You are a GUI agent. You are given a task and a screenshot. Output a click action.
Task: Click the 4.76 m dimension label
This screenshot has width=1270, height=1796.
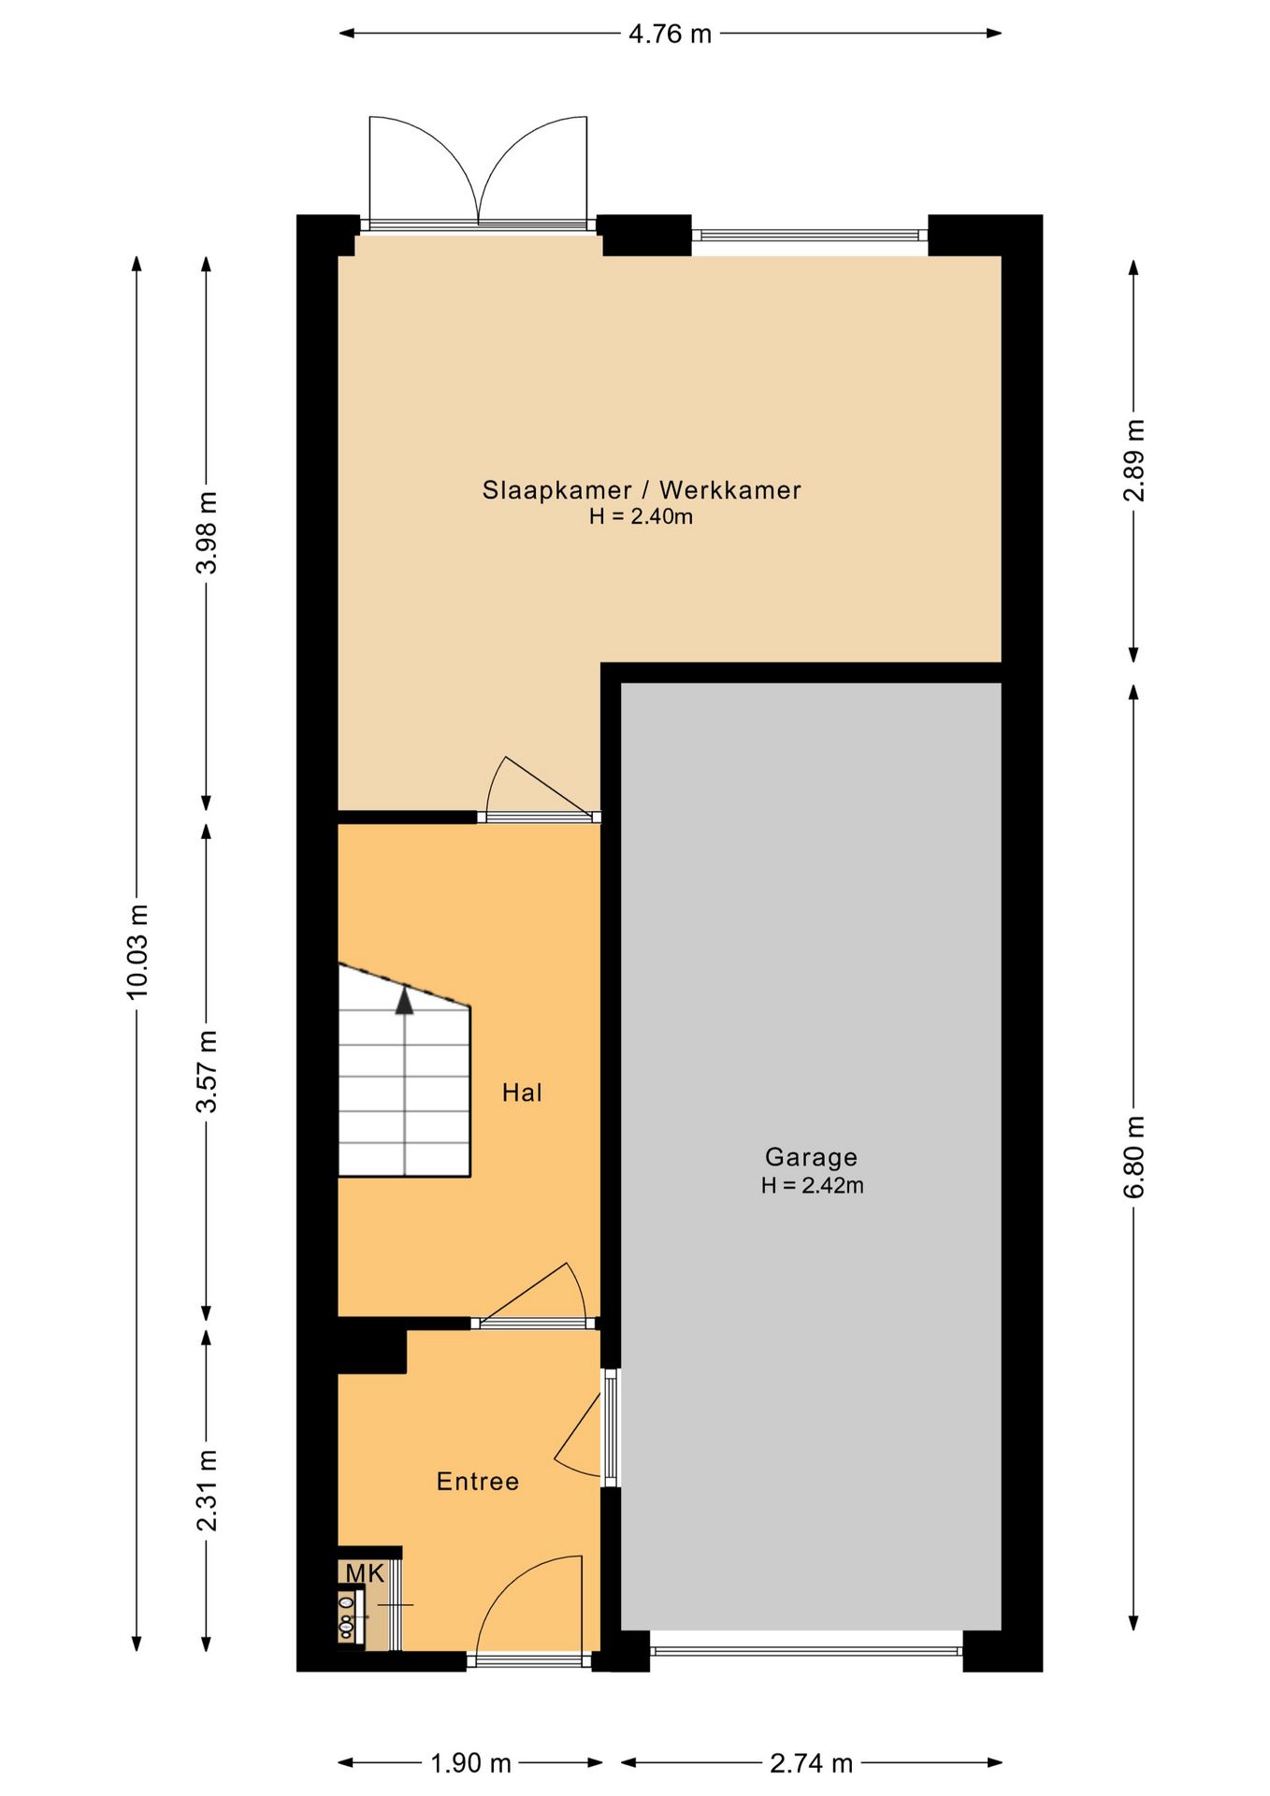click(670, 35)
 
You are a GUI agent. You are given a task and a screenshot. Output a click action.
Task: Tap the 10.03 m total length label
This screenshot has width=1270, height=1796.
click(138, 950)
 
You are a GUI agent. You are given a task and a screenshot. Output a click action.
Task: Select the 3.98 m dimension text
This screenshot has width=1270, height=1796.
click(207, 531)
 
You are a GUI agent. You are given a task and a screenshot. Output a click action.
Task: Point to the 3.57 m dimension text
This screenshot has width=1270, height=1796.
click(207, 1071)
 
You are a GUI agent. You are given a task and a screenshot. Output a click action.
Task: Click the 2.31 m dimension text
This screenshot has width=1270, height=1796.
click(207, 1490)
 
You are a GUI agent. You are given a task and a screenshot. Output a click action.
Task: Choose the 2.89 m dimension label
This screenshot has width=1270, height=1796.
click(1133, 460)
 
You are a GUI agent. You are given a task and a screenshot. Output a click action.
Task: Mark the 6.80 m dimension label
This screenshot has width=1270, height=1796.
click(1133, 1156)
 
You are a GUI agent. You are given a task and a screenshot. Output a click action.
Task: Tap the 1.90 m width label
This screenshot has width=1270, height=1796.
click(470, 1763)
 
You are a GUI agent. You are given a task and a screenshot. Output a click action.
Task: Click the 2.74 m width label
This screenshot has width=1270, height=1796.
click(811, 1763)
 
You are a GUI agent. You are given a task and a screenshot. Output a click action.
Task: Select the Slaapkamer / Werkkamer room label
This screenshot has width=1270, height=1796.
click(642, 490)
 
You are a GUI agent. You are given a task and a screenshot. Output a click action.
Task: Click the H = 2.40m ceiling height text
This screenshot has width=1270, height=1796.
click(642, 516)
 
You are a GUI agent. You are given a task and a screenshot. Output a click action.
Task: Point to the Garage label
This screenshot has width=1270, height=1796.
click(811, 1157)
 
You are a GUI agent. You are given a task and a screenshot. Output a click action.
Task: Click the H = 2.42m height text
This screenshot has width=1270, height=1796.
click(812, 1185)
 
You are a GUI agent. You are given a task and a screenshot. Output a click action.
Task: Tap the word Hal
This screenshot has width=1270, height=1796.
click(522, 1093)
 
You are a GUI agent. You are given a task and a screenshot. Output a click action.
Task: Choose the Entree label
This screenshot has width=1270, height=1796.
click(478, 1481)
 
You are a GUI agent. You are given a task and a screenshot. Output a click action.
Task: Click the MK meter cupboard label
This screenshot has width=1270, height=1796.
click(365, 1573)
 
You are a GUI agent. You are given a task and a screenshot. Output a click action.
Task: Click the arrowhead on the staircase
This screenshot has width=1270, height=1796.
click(404, 1002)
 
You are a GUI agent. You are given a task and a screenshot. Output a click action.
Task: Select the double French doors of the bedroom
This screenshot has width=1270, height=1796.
click(478, 173)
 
